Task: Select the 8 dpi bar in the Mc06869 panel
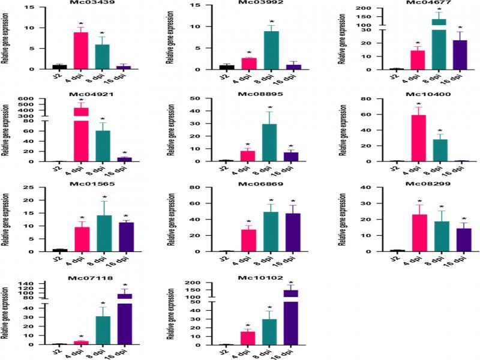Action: pyautogui.click(x=271, y=232)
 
